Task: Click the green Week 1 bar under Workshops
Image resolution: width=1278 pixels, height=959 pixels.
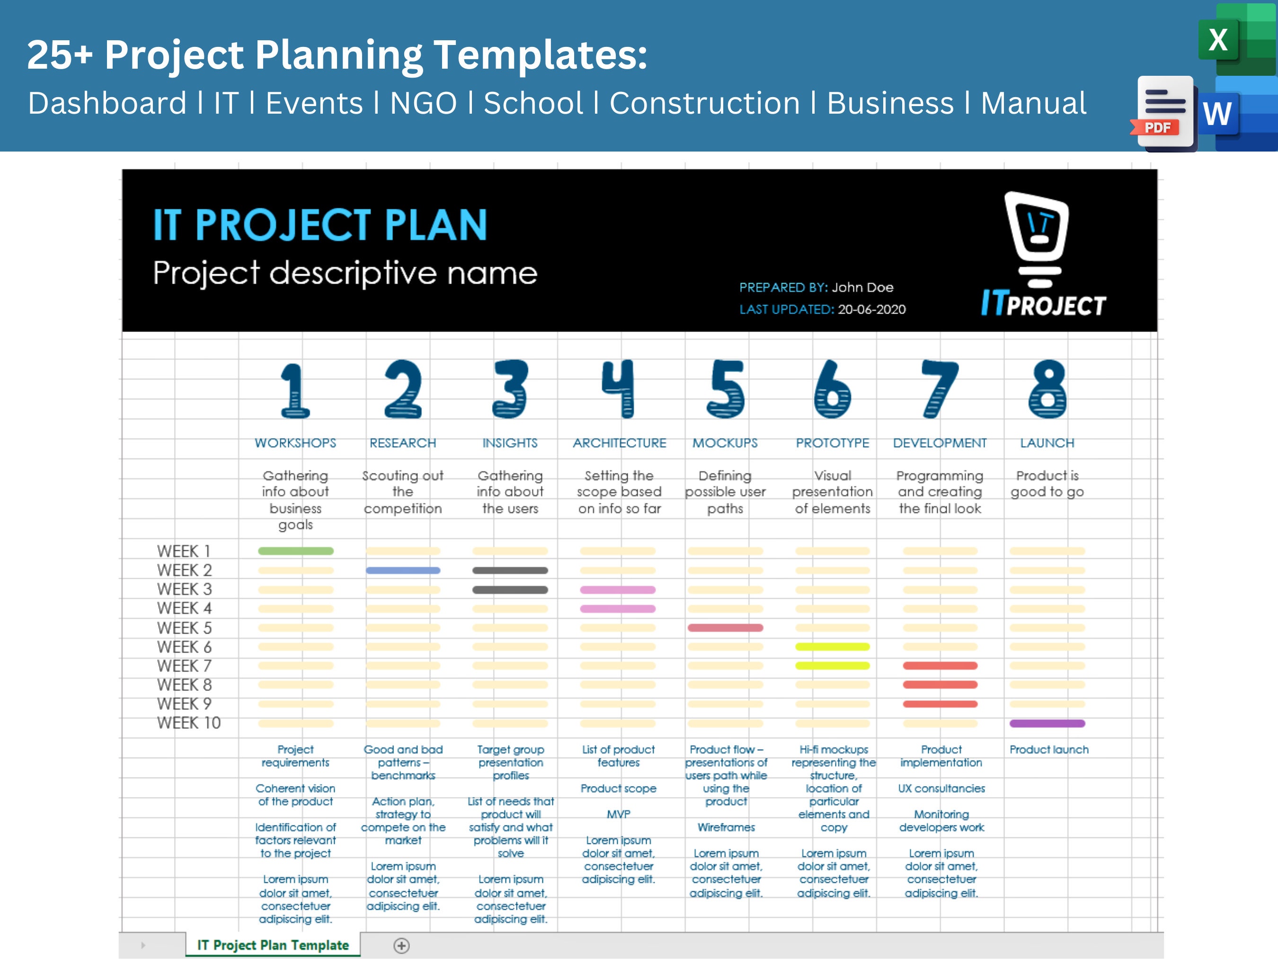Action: [x=295, y=551]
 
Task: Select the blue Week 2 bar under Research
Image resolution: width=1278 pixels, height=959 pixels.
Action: [x=403, y=571]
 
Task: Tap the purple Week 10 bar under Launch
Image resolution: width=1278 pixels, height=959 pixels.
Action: [x=1047, y=723]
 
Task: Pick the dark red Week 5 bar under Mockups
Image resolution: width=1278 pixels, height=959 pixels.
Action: [x=725, y=628]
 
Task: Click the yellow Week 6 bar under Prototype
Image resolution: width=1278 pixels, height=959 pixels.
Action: [x=832, y=647]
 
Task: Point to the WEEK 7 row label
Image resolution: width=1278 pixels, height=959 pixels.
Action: [x=184, y=666]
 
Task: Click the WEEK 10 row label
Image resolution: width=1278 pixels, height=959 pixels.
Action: [x=188, y=723]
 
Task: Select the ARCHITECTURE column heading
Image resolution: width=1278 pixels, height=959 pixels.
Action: [x=619, y=443]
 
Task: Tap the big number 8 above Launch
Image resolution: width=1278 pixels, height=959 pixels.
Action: [x=1047, y=388]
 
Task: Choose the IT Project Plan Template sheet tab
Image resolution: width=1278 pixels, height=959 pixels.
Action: [x=273, y=945]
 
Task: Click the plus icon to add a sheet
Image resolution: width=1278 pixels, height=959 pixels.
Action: [x=401, y=946]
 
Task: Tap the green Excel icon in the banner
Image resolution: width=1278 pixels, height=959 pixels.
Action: [x=1219, y=40]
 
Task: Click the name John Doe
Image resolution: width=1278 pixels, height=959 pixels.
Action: [x=862, y=287]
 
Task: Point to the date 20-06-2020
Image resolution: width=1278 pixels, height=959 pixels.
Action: [x=871, y=309]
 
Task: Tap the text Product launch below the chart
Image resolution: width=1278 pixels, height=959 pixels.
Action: [x=1048, y=750]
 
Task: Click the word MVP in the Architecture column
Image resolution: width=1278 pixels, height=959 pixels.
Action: [x=618, y=814]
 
